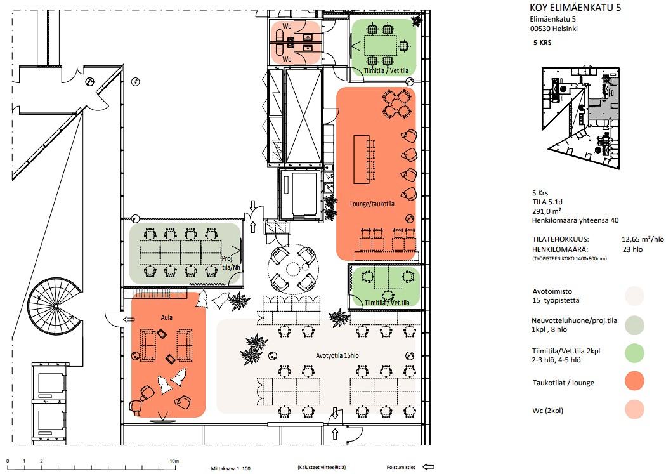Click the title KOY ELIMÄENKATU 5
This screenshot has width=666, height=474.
pyautogui.click(x=575, y=7)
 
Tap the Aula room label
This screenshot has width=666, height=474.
pyautogui.click(x=166, y=317)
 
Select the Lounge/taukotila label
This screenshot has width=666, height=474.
pyautogui.click(x=372, y=204)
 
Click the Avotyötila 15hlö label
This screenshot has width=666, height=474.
pyautogui.click(x=337, y=355)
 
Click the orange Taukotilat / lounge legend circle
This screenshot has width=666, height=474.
pyautogui.click(x=634, y=381)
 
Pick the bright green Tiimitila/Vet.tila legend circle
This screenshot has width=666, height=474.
pyautogui.click(x=634, y=353)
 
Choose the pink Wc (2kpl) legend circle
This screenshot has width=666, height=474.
pyautogui.click(x=634, y=409)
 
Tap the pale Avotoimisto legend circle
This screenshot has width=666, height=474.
pyautogui.click(x=634, y=296)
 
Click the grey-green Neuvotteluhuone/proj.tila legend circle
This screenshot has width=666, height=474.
pyautogui.click(x=634, y=326)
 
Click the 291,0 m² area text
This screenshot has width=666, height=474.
pyautogui.click(x=547, y=211)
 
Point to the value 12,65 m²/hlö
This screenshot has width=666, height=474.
pyautogui.click(x=643, y=240)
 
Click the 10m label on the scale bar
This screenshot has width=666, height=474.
pyautogui.click(x=174, y=461)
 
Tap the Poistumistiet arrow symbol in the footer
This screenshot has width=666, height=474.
pyautogui.click(x=428, y=467)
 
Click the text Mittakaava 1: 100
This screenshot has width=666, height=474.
pyautogui.click(x=231, y=468)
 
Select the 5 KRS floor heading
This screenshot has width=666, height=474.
pyautogui.click(x=542, y=43)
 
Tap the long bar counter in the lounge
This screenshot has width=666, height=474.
pyautogui.click(x=362, y=159)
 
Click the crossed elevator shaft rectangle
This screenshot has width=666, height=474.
pyautogui.click(x=303, y=115)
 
